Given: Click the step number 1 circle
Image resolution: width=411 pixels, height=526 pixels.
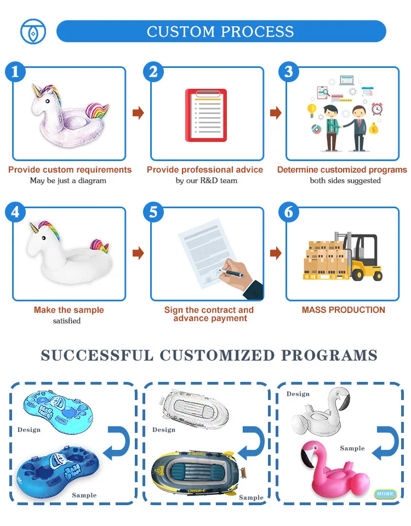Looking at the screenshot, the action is point(15,72).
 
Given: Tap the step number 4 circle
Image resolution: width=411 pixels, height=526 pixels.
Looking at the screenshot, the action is point(15,211).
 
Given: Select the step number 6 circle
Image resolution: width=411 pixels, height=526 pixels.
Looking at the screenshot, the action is point(289,211).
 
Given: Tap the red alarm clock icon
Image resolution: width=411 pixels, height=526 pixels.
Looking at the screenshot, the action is point(377,108).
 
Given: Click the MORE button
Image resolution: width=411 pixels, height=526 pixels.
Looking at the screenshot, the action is point(385,494).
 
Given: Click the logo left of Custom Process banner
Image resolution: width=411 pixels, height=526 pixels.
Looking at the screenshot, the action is point(33,31).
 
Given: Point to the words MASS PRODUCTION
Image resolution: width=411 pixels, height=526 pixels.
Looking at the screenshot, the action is point(344,310).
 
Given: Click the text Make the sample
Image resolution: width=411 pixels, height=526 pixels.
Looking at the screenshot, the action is point(68,310).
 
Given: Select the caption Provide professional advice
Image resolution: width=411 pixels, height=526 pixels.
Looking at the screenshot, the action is point(205,170).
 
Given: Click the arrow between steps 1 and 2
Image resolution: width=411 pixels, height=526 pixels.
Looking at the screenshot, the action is point(138,113).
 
